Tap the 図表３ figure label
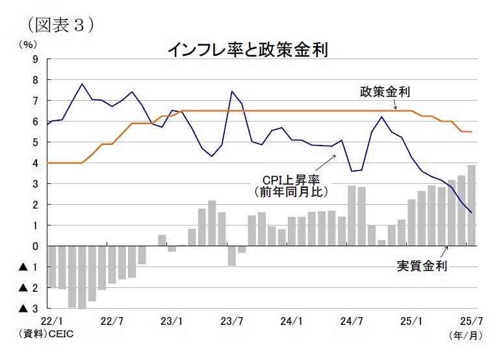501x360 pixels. click(x=62, y=23)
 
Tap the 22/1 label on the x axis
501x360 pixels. click(x=51, y=321)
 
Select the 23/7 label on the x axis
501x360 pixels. click(x=232, y=321)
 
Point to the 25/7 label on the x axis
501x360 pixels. click(x=470, y=321)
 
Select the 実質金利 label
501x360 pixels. click(x=422, y=265)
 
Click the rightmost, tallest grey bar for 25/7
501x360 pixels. click(x=471, y=205)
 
